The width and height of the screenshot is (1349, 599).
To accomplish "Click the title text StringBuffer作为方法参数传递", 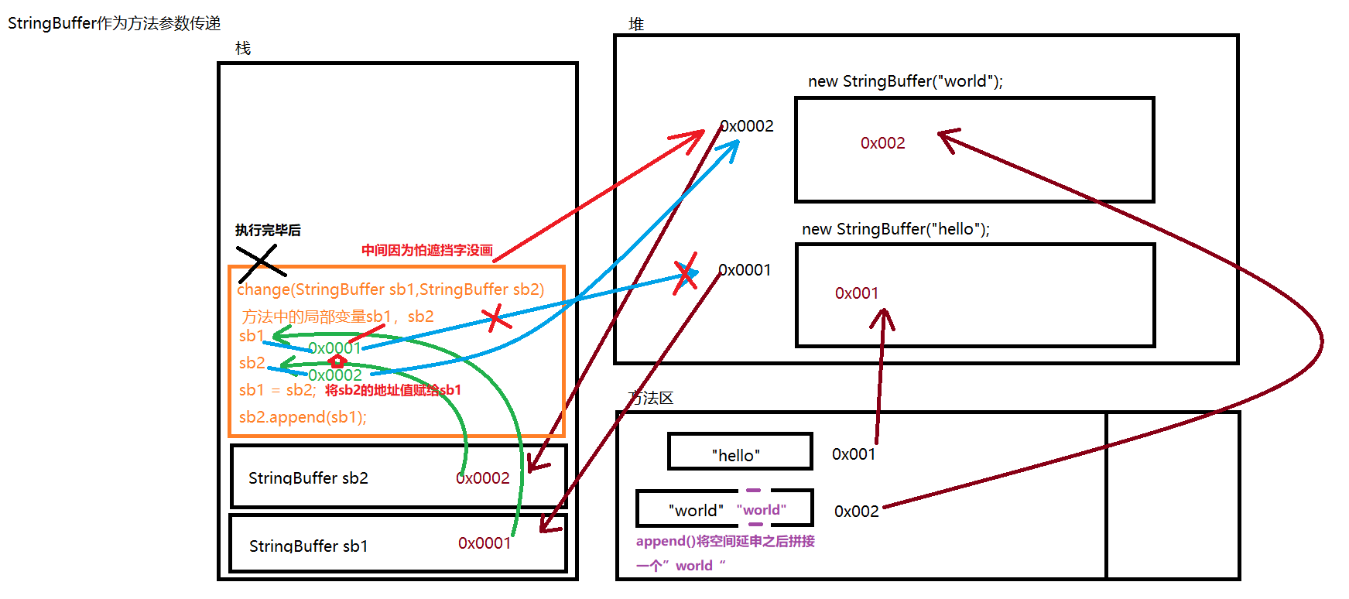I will pyautogui.click(x=114, y=23).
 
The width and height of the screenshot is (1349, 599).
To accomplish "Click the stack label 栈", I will pyautogui.click(x=243, y=49).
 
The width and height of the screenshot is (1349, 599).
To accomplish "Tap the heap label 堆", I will pyautogui.click(x=636, y=25).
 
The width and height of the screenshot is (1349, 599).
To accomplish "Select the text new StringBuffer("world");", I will pyautogui.click(x=905, y=81).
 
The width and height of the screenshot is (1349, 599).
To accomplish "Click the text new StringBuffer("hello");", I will pyautogui.click(x=895, y=229).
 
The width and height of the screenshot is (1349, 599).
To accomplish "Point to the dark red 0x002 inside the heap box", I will pyautogui.click(x=882, y=143).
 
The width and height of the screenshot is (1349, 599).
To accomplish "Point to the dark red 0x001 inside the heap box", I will pyautogui.click(x=857, y=293).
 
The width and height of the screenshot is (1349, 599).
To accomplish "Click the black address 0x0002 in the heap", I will pyautogui.click(x=748, y=126).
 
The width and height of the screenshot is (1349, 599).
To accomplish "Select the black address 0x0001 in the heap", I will pyautogui.click(x=745, y=270).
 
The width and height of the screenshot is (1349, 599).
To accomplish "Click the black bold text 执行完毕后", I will pyautogui.click(x=268, y=230).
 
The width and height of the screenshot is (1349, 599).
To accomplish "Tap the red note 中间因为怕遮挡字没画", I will pyautogui.click(x=426, y=250).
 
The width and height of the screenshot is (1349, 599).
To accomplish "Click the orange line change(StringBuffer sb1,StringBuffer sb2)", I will pyautogui.click(x=390, y=289).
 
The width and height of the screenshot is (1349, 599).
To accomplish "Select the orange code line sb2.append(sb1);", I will pyautogui.click(x=303, y=417).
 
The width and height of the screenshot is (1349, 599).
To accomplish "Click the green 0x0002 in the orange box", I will pyautogui.click(x=335, y=375).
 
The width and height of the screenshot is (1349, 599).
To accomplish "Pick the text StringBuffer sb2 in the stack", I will pyautogui.click(x=308, y=478).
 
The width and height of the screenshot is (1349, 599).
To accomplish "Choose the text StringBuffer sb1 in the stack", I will pyautogui.click(x=308, y=546).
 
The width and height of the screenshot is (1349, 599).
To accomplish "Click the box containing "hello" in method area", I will pyautogui.click(x=740, y=452).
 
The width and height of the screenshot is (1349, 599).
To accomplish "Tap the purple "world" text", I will pyautogui.click(x=762, y=510).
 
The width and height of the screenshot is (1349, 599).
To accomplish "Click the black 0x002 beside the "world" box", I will pyautogui.click(x=856, y=512).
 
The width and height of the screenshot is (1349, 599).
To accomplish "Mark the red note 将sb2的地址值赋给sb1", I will pyautogui.click(x=392, y=390).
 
